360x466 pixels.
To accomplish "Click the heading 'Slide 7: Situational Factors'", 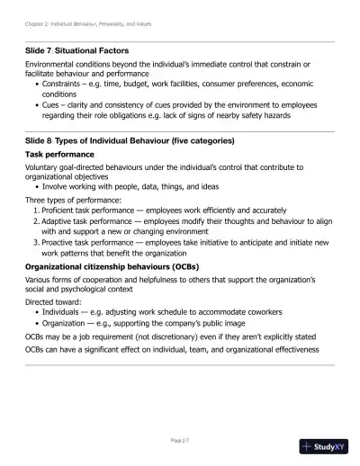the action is coord(76,50).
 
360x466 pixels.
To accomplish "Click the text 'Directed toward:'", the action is coord(52,302).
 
